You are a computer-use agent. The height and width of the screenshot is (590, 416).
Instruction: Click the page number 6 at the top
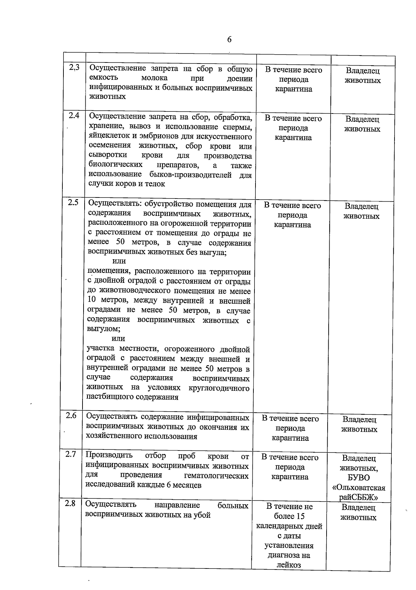[229, 40]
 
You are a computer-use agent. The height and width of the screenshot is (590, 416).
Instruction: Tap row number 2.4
[74, 116]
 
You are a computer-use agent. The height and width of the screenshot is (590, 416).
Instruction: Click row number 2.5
[73, 203]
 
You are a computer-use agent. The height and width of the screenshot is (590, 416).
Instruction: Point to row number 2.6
[71, 415]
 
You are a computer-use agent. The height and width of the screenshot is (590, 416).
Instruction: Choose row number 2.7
[71, 454]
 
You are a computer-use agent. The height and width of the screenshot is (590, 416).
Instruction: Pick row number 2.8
[70, 504]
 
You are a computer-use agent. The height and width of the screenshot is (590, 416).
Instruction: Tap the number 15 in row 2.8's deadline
[300, 516]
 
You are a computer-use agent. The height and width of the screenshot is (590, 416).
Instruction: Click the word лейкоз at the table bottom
[288, 565]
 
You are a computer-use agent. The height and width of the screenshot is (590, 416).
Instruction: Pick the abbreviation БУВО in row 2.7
[358, 478]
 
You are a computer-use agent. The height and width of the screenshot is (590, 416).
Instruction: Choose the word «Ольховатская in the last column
[358, 488]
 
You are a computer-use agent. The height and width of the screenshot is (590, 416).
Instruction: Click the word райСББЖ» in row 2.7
[358, 497]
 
